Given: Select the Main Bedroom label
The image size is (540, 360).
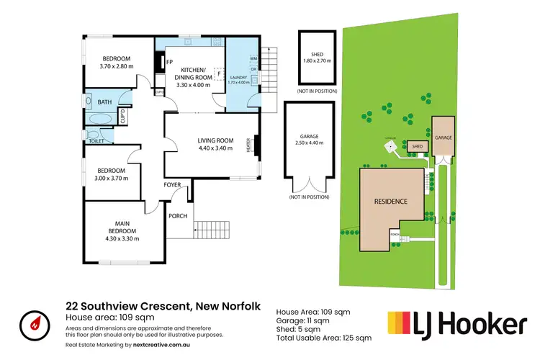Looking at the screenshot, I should coord(122,229).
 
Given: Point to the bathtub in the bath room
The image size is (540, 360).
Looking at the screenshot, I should coord(99,120).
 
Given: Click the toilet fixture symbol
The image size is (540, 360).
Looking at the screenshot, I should coord(91,134).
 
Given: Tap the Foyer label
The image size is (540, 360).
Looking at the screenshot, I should coord(172,185).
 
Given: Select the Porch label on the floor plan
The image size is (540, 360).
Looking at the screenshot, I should coord(178,216).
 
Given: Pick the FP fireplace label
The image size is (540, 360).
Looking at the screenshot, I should coord(170,63).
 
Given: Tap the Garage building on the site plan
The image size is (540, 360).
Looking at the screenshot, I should coord(443,137).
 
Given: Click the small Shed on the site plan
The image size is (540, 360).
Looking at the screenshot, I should coord(415,147).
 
